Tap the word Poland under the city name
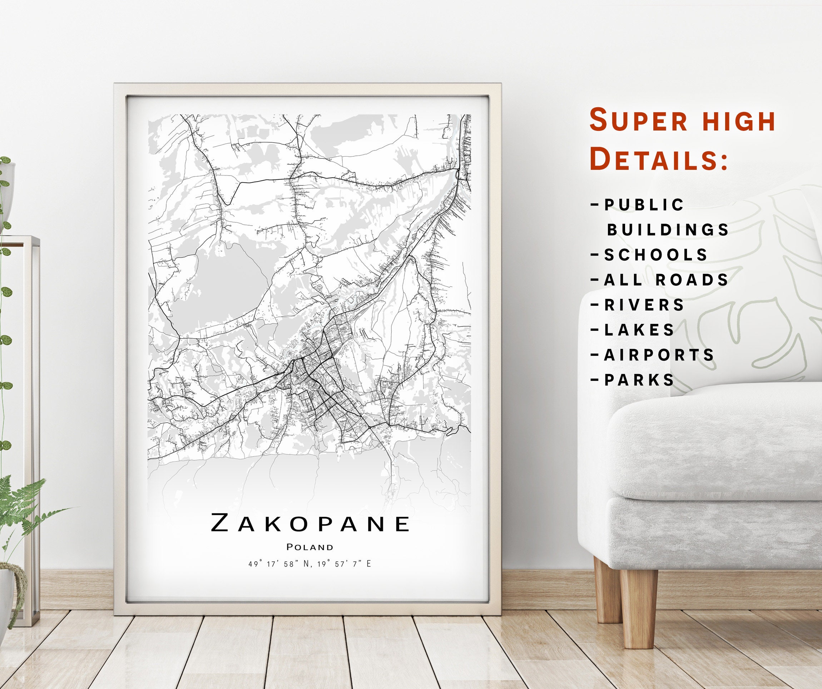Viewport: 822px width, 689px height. pos(310,547)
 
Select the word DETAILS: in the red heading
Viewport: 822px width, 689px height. pos(659,159)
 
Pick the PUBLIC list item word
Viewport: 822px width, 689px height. pos(644,205)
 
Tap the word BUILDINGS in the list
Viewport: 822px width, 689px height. pos(668,230)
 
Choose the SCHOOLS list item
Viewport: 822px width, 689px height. pos(656,255)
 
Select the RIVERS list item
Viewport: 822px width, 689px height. pos(644,305)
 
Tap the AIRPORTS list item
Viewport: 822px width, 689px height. pos(659,355)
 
